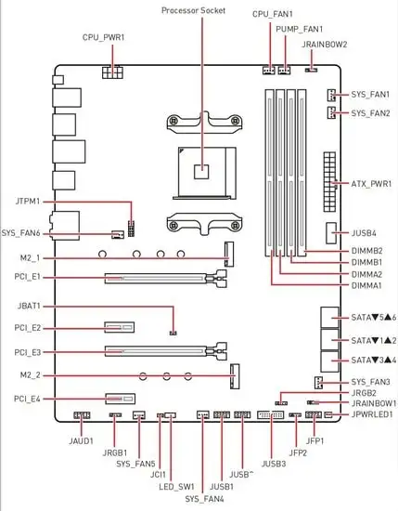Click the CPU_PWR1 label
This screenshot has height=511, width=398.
(104, 37)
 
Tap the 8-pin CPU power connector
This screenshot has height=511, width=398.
(112, 72)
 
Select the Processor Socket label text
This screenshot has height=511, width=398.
(193, 10)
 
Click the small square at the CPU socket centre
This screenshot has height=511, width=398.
(201, 172)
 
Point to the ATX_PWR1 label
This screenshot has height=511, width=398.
(371, 184)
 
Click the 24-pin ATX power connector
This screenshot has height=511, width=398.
(329, 182)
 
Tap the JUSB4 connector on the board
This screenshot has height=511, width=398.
(331, 233)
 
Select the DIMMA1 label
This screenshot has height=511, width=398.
(366, 285)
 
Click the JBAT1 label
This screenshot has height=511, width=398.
(29, 307)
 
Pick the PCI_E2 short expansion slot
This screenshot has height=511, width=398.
(120, 327)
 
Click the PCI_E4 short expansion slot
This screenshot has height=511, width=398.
(120, 399)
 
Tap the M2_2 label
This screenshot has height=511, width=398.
(31, 375)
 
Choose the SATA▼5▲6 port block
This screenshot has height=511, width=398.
(329, 318)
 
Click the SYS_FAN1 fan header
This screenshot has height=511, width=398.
(331, 95)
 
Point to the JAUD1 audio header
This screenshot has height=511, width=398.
(82, 415)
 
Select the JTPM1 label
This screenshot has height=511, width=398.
(28, 202)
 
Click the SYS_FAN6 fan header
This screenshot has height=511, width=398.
(118, 234)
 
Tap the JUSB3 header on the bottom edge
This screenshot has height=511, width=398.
(270, 415)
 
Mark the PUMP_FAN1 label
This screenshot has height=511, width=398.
(300, 29)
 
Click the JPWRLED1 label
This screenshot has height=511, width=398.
(372, 414)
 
